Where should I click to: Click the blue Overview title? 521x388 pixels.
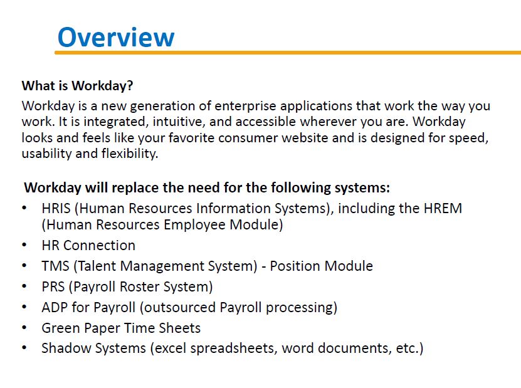(x=116, y=37)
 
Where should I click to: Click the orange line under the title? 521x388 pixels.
(x=288, y=53)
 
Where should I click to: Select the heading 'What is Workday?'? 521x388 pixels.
(x=77, y=86)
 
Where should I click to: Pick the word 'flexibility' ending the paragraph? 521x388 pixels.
(x=130, y=154)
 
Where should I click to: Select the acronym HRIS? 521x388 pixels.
(x=56, y=209)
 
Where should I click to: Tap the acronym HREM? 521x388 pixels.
(x=443, y=209)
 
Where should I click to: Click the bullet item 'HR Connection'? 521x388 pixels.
(x=88, y=246)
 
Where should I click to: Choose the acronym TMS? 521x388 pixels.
(x=55, y=266)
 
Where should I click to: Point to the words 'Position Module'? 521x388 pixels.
(x=321, y=266)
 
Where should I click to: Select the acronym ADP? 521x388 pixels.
(x=55, y=307)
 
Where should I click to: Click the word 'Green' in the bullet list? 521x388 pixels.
(x=61, y=328)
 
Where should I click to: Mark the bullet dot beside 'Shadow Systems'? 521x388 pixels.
(x=24, y=348)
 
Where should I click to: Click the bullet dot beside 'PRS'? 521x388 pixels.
(x=24, y=286)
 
